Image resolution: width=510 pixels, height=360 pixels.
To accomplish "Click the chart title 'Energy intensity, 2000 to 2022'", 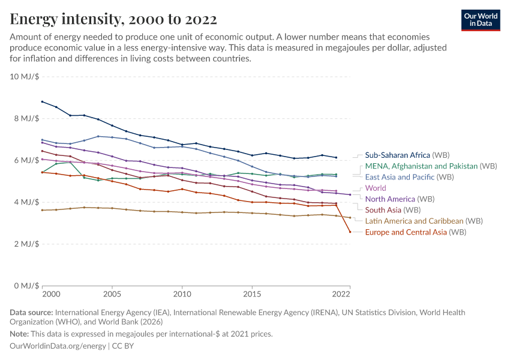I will coord(113,19).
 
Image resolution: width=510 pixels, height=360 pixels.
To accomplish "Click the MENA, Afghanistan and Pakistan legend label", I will coord(430,166).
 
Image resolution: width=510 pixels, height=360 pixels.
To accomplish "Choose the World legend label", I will coord(376,188).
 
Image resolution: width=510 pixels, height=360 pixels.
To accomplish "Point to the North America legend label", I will coord(399,199).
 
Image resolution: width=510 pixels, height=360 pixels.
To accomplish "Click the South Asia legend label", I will coord(392,210).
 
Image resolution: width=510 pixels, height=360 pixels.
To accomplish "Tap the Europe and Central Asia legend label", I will coord(415,232).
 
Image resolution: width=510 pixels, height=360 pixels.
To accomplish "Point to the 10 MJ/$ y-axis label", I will coord(25,77).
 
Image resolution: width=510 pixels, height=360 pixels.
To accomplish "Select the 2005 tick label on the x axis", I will coord(112,295).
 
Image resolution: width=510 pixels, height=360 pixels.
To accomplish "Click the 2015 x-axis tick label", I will coord(252,295).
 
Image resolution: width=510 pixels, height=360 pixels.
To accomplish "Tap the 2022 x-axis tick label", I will coord(341,295).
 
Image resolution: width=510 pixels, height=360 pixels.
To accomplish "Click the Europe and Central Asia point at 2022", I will coord(350,232).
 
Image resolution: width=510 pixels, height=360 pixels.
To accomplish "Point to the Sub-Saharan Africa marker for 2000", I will coord(42,101).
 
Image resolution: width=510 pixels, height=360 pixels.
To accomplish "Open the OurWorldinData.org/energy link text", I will coord(58,346).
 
